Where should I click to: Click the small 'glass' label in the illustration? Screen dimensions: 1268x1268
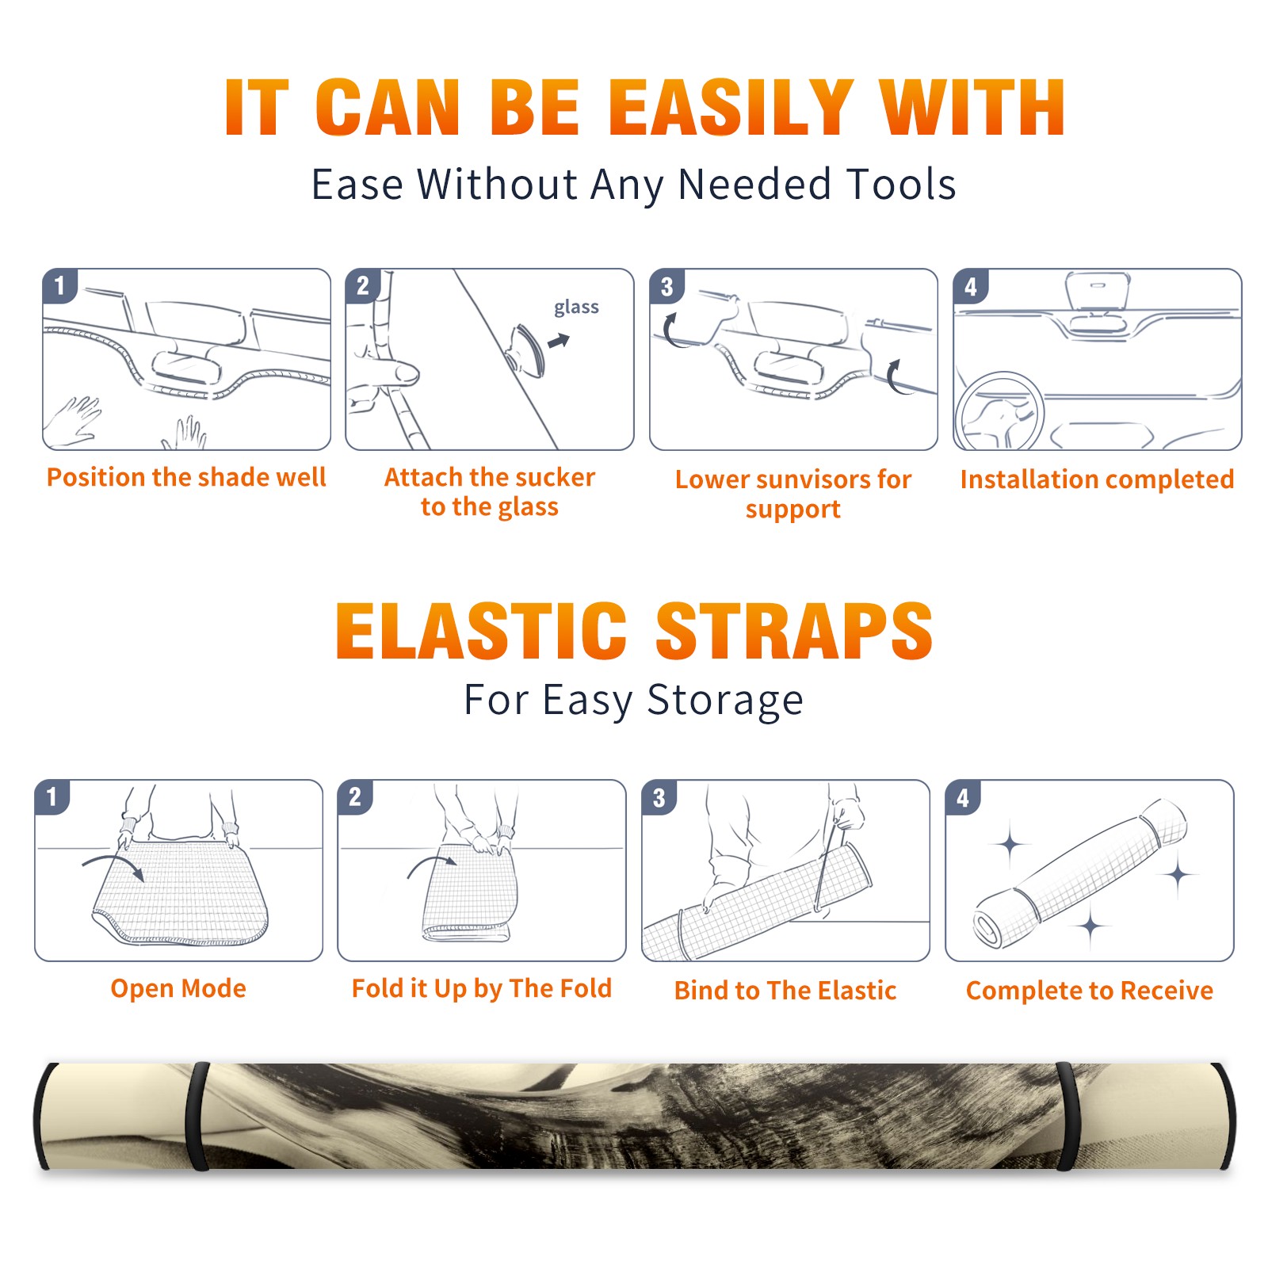576,308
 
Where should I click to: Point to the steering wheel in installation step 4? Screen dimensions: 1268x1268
999,411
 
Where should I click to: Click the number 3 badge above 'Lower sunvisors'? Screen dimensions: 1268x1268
666,286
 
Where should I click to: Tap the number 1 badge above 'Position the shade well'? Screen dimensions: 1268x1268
59,285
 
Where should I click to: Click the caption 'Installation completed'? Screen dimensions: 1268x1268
1097,479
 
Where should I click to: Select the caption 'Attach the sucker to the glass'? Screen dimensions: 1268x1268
490,492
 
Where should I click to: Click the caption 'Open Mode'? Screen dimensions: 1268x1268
178,989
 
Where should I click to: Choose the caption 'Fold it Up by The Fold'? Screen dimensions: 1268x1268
482,989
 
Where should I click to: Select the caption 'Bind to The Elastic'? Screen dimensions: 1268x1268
785,991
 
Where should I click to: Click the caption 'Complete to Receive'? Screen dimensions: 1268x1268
1090,991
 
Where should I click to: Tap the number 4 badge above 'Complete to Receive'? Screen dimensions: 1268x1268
962,797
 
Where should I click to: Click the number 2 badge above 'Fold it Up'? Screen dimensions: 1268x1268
355,796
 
